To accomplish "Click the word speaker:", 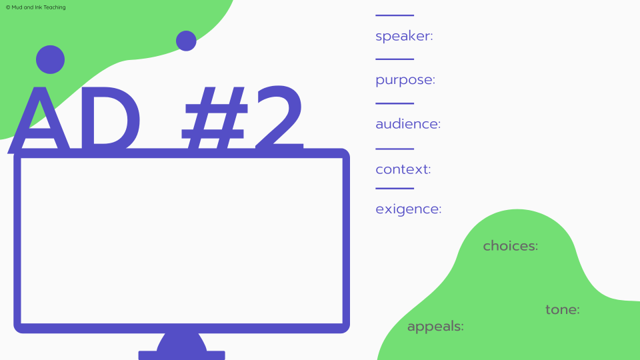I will coord(404,36).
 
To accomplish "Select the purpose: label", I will coord(405,81).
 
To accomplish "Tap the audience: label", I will coord(408,124).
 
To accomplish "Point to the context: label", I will coord(403,169).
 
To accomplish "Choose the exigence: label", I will coord(408,209).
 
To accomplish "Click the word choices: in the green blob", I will coord(510,246).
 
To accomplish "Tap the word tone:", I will coord(562,310).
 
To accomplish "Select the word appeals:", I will coord(435,327).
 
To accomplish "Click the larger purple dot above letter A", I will coord(50,59).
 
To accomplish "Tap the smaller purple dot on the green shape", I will coord(186,41).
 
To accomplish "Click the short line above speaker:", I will coord(395,15).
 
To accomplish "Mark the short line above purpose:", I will coord(395,59).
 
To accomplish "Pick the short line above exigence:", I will coord(395,189).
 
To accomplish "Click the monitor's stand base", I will coord(181,354).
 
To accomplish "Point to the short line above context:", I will coord(395,149).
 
